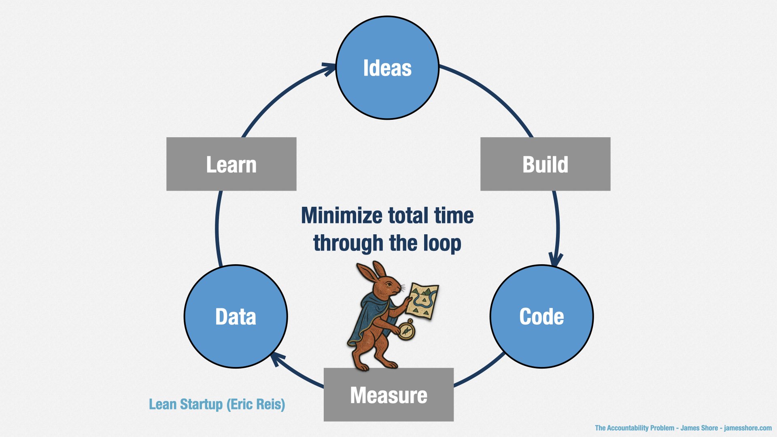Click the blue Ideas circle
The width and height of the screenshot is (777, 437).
pyautogui.click(x=387, y=68)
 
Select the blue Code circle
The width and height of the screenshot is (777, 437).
pyautogui.click(x=541, y=316)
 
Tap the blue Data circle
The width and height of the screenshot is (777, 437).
pyautogui.click(x=236, y=316)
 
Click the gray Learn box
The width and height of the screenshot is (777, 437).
pyautogui.click(x=231, y=164)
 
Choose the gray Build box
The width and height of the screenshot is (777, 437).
pyautogui.click(x=545, y=164)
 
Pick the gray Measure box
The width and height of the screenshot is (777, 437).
pyautogui.click(x=388, y=395)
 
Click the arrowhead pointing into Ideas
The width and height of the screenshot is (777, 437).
pyautogui.click(x=329, y=69)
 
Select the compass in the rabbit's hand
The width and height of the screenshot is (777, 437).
pyautogui.click(x=407, y=330)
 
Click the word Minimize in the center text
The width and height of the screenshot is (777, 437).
pyautogui.click(x=342, y=215)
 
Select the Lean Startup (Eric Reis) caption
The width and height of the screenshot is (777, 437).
pyautogui.click(x=217, y=404)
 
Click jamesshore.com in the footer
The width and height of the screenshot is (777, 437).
pyautogui.click(x=748, y=428)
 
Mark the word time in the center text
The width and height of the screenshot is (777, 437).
pyautogui.click(x=454, y=215)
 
